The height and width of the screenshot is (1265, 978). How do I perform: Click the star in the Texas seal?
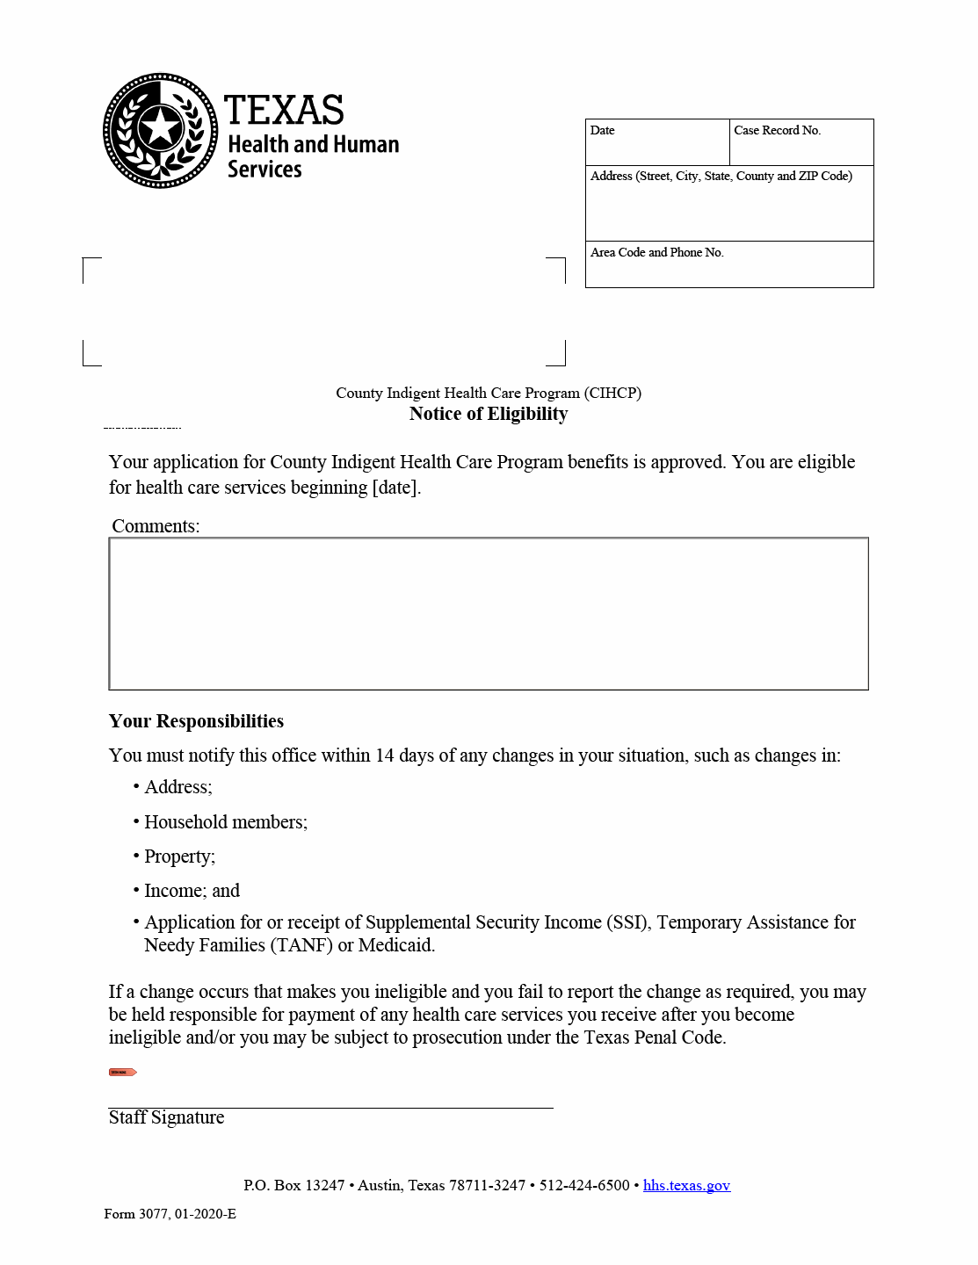[x=161, y=128]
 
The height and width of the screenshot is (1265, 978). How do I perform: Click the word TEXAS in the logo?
[x=284, y=111]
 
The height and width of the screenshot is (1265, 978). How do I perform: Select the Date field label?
[x=603, y=131]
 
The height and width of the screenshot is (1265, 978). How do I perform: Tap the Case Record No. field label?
[x=777, y=131]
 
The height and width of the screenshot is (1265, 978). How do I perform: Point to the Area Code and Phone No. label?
[x=657, y=253]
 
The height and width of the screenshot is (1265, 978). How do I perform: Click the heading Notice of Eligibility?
[x=489, y=414]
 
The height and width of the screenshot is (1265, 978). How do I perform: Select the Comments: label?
[x=156, y=526]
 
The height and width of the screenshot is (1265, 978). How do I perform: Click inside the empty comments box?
[x=489, y=613]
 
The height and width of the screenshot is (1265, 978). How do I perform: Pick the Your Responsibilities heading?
[x=196, y=721]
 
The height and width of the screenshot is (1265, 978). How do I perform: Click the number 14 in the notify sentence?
[x=385, y=755]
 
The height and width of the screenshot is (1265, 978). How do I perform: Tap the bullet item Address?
[x=178, y=787]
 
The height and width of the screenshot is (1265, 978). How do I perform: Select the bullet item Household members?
[x=226, y=822]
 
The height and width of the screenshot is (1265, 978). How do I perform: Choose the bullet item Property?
[x=179, y=857]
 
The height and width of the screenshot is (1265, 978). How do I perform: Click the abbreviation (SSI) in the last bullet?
[x=628, y=922]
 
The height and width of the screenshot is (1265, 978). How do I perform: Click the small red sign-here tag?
[x=122, y=1072]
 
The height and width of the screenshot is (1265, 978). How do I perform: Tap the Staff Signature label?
[x=166, y=1117]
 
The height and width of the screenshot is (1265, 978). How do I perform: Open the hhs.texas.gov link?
[x=686, y=1185]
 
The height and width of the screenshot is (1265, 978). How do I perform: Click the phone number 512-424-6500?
[x=584, y=1185]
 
